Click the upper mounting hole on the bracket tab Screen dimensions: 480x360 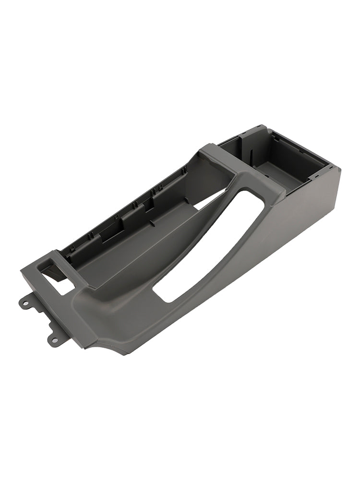pos(24,302)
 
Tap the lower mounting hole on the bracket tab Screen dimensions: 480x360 pos(54,340)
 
